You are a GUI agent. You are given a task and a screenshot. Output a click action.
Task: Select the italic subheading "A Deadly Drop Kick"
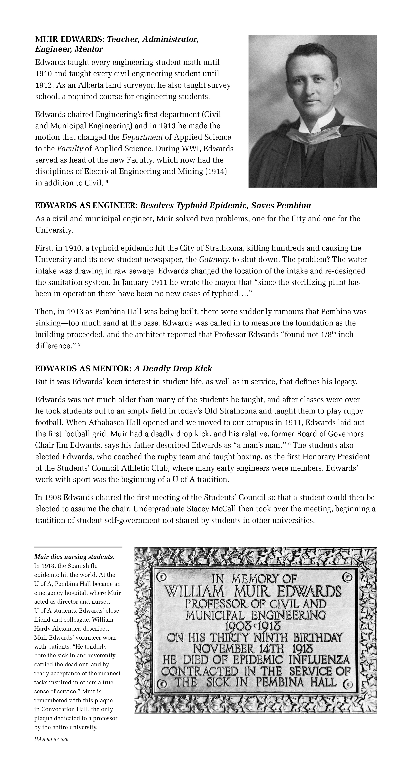[173, 368]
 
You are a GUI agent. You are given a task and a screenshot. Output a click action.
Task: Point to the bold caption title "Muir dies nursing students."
[74, 557]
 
